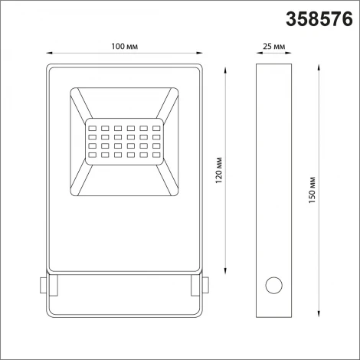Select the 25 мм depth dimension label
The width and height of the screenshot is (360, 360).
click(x=273, y=47)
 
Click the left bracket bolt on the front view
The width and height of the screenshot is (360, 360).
click(x=41, y=286)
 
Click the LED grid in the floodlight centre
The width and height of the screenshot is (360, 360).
click(x=125, y=139)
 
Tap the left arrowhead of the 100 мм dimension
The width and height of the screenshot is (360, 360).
click(x=51, y=54)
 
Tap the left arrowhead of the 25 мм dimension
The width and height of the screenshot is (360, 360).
click(x=257, y=54)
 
